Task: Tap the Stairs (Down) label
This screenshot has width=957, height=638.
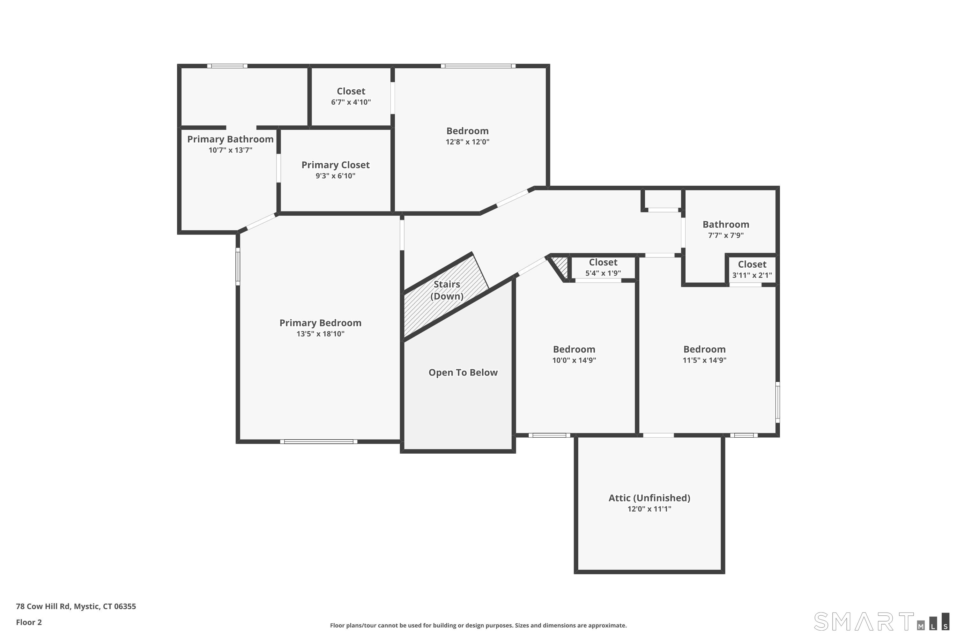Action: click(447, 290)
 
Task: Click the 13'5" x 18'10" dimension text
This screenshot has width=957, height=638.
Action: click(320, 334)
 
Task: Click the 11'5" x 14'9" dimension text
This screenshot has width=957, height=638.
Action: click(704, 360)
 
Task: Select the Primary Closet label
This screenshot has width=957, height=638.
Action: click(335, 165)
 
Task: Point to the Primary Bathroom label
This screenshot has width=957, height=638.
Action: click(230, 139)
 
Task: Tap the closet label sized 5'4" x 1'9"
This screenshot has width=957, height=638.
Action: click(603, 263)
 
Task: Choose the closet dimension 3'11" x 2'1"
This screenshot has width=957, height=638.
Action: click(752, 275)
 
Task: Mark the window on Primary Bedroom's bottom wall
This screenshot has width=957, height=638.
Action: click(319, 441)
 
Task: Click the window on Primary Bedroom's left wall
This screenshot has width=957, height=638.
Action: click(238, 266)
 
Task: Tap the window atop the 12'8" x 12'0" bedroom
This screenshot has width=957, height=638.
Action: click(478, 66)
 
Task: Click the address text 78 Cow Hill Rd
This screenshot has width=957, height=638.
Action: click(76, 606)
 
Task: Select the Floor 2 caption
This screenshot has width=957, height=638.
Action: click(29, 622)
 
